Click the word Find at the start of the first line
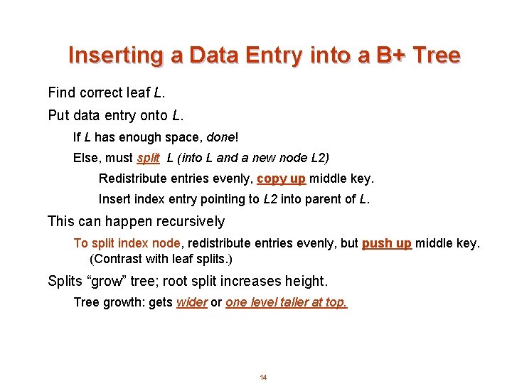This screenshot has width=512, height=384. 62,93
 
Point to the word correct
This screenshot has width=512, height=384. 102,93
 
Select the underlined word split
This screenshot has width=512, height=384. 148,157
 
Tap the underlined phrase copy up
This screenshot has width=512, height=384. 281,178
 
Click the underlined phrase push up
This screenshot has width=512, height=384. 386,243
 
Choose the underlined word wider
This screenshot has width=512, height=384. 191,302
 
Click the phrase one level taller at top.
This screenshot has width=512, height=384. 287,302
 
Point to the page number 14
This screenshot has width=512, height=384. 263,377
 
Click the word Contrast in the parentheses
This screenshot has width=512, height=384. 117,259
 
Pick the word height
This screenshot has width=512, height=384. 306,281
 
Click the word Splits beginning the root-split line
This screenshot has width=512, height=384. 65,281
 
